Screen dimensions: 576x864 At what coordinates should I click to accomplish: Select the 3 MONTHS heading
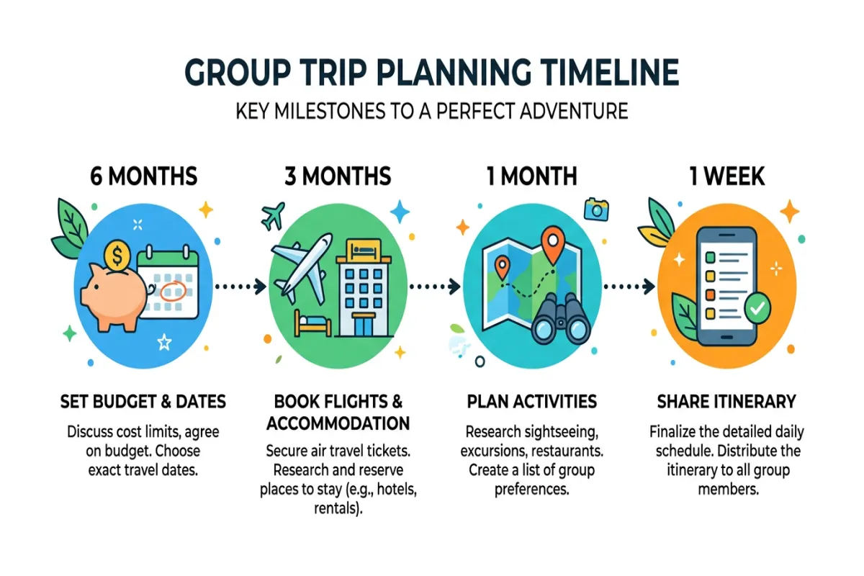click(338, 176)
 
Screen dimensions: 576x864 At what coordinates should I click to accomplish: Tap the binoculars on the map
click(557, 320)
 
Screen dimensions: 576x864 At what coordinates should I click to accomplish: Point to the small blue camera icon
click(596, 209)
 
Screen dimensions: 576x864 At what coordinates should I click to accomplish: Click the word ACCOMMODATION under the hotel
click(338, 423)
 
